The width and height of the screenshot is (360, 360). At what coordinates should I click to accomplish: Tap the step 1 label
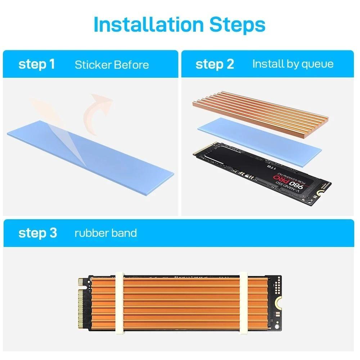[36, 64]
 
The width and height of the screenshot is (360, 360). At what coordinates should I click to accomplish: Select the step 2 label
[215, 64]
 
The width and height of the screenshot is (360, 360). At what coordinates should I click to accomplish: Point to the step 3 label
[37, 233]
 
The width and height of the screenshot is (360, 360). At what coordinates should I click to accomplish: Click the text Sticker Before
[112, 65]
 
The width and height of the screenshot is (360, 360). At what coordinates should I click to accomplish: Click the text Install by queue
[293, 64]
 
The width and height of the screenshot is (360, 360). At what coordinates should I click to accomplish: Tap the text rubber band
[105, 233]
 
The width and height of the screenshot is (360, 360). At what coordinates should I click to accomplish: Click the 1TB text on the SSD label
[273, 167]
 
